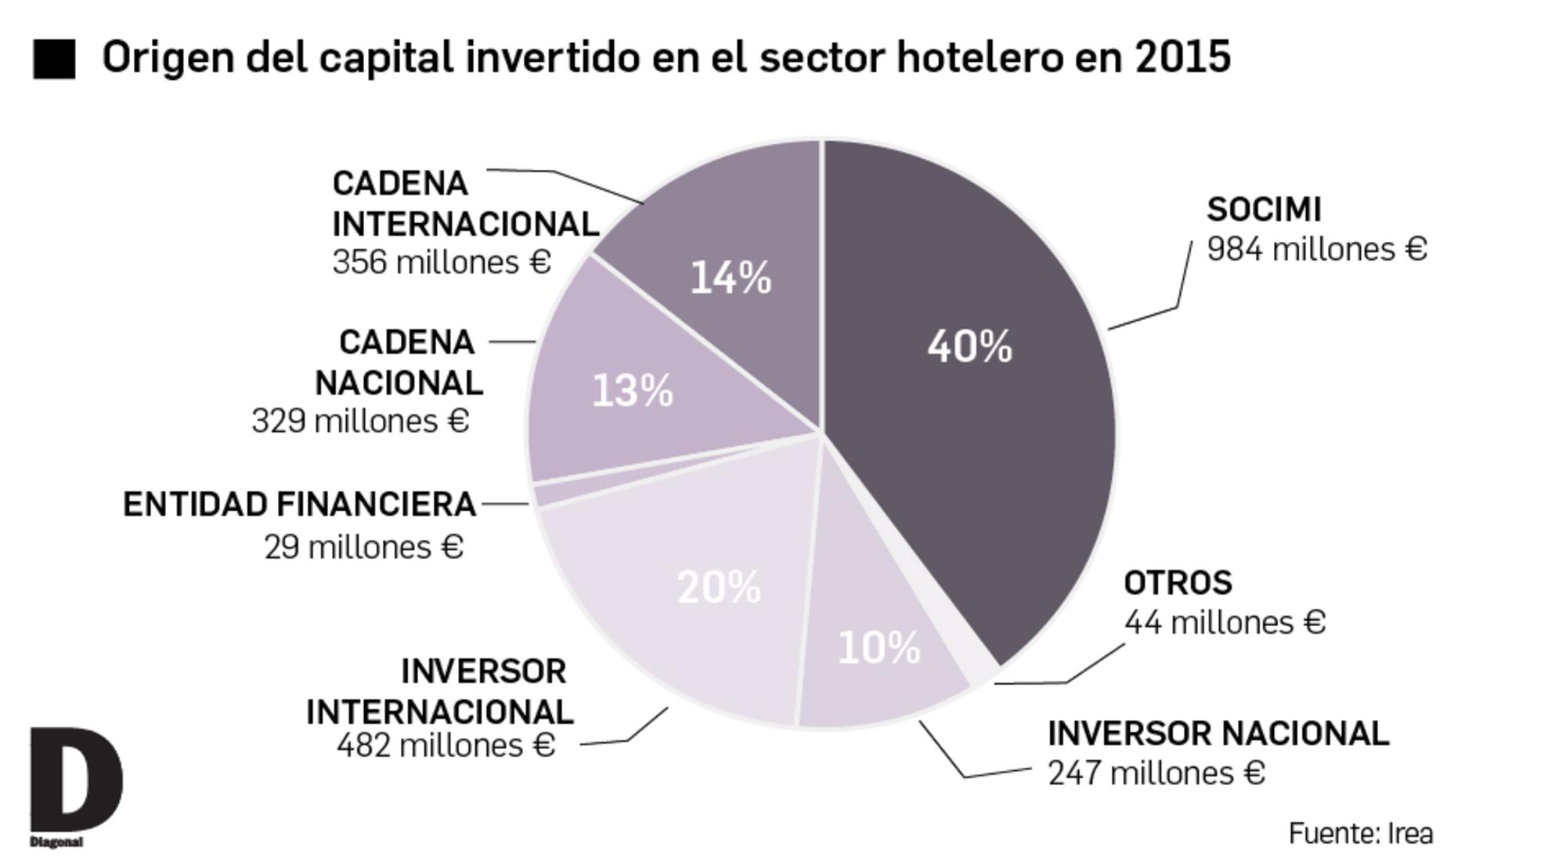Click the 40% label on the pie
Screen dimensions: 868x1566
tap(969, 346)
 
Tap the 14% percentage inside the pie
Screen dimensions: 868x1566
tap(731, 278)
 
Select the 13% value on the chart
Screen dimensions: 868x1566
tap(632, 391)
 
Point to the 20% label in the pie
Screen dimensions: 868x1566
tap(718, 587)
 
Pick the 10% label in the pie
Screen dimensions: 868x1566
tap(879, 648)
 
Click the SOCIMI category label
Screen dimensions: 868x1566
tap(1263, 210)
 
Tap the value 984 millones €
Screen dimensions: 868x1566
tap(1316, 250)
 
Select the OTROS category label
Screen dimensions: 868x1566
tap(1177, 583)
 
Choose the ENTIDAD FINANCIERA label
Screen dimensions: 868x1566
tap(300, 505)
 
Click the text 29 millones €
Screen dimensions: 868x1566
tap(363, 547)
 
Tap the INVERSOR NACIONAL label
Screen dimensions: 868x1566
tap(1218, 734)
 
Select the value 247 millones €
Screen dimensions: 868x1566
tap(1156, 773)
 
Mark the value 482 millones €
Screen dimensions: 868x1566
tap(446, 745)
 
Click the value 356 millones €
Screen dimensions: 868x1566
tap(442, 262)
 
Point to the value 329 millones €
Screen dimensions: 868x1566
tap(360, 421)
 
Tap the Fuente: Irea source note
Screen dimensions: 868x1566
tap(1360, 834)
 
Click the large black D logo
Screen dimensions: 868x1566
tap(75, 780)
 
